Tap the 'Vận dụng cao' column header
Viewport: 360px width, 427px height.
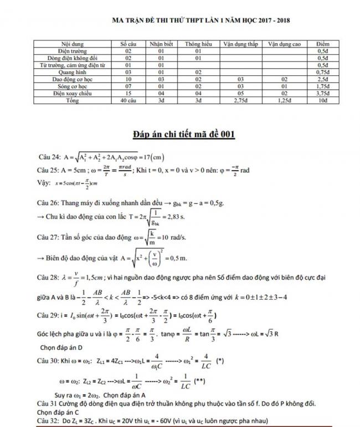point(285,44)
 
